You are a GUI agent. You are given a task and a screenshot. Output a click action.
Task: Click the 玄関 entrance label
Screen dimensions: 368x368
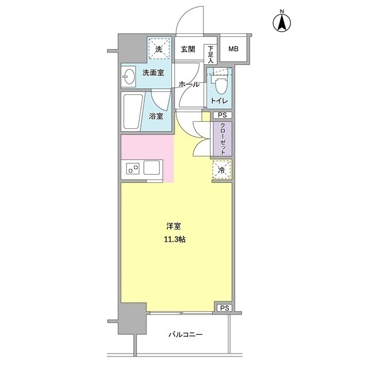point(187,49)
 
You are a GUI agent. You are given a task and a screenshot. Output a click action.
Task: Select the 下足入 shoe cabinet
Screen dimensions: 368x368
point(211,53)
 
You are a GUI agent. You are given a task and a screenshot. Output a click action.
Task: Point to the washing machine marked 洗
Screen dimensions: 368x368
point(159,48)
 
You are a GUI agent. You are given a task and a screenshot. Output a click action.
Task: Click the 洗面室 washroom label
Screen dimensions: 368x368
point(153,73)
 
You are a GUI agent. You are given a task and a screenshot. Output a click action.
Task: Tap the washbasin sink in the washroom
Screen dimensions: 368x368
point(129,76)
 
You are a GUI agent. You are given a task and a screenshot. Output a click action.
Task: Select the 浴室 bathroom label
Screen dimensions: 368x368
point(156,115)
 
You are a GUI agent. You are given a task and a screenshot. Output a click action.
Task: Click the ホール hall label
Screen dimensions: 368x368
point(189,84)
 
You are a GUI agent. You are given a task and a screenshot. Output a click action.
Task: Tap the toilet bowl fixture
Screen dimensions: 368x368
point(219,85)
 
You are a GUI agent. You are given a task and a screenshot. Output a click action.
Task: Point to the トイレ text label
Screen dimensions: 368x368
point(219,101)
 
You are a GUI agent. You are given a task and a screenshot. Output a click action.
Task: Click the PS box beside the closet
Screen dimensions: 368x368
point(222,116)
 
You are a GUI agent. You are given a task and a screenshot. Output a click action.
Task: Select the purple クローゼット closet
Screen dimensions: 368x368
point(222,139)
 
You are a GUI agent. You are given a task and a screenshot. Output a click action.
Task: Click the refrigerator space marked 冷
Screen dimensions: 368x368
point(221,169)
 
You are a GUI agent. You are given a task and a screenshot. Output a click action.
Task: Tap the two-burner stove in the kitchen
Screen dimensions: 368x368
point(132,169)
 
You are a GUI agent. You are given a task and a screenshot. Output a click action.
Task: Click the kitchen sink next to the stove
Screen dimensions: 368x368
point(153,169)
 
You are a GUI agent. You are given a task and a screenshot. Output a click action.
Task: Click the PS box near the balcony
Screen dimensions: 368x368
point(224,308)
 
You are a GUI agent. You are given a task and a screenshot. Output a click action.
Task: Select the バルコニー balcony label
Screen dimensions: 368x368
point(185,335)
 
